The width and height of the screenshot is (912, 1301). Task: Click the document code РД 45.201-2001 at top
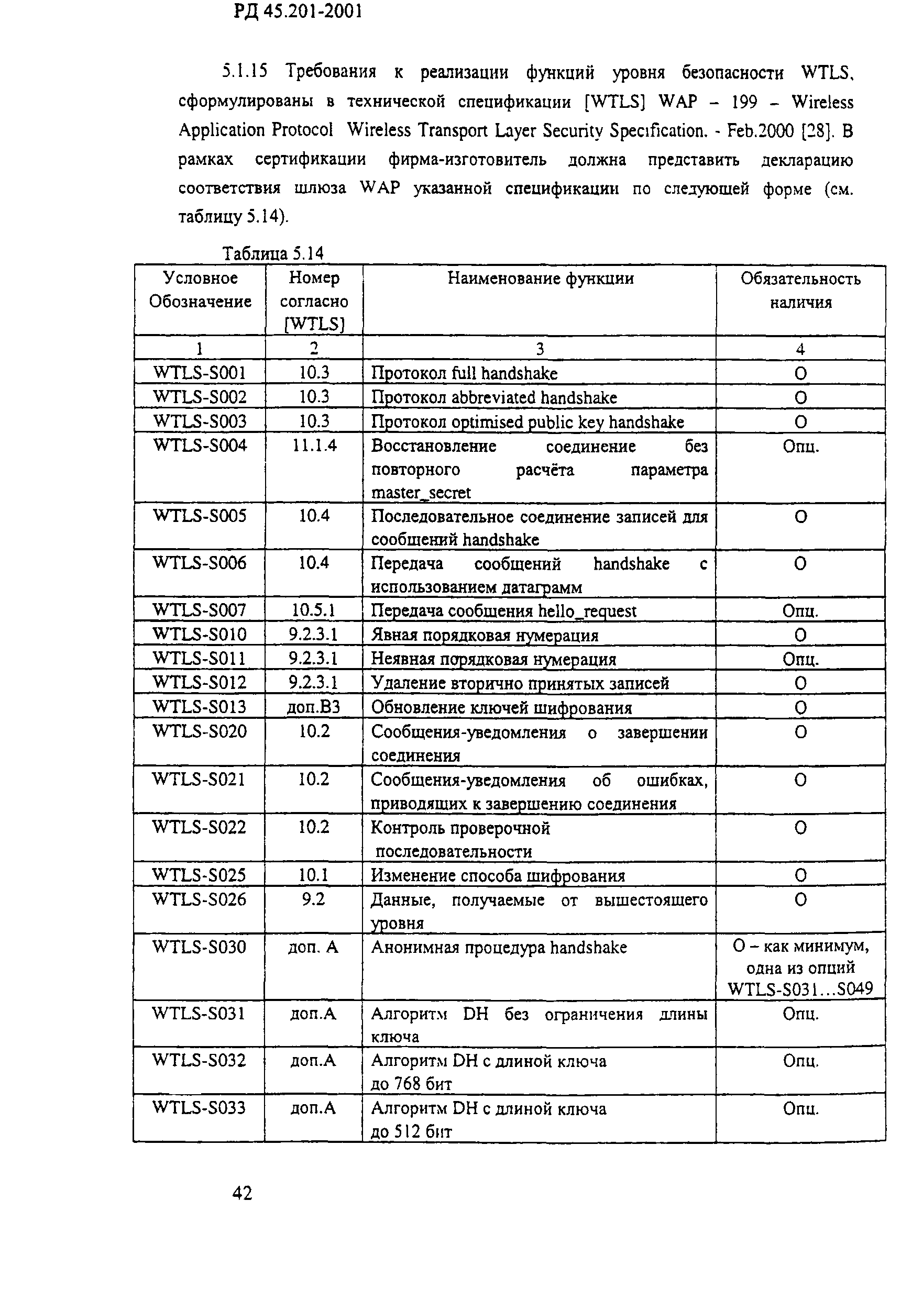point(298,12)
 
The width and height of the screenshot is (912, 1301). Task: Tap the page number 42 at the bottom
point(242,1193)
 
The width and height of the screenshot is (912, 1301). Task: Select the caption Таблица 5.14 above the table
point(272,253)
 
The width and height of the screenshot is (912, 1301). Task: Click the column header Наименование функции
point(540,278)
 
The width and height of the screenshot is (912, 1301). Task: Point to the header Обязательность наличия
point(800,290)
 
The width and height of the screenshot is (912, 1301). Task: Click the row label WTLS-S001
point(200,373)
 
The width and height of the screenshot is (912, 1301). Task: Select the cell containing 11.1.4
point(314,446)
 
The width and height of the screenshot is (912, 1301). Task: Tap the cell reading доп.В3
point(313,707)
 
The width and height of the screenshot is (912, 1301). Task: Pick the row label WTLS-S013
point(200,707)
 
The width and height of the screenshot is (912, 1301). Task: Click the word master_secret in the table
point(421,493)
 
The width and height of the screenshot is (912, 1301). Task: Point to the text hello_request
point(587,611)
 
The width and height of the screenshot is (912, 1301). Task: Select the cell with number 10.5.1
point(313,610)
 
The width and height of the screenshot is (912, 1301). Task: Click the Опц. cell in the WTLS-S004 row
point(800,447)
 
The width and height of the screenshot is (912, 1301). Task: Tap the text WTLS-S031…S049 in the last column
point(800,989)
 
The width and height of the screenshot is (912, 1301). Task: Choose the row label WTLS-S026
point(200,899)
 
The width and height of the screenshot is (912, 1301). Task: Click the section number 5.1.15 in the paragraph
point(244,71)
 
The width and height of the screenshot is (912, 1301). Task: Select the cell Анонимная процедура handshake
point(499,948)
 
